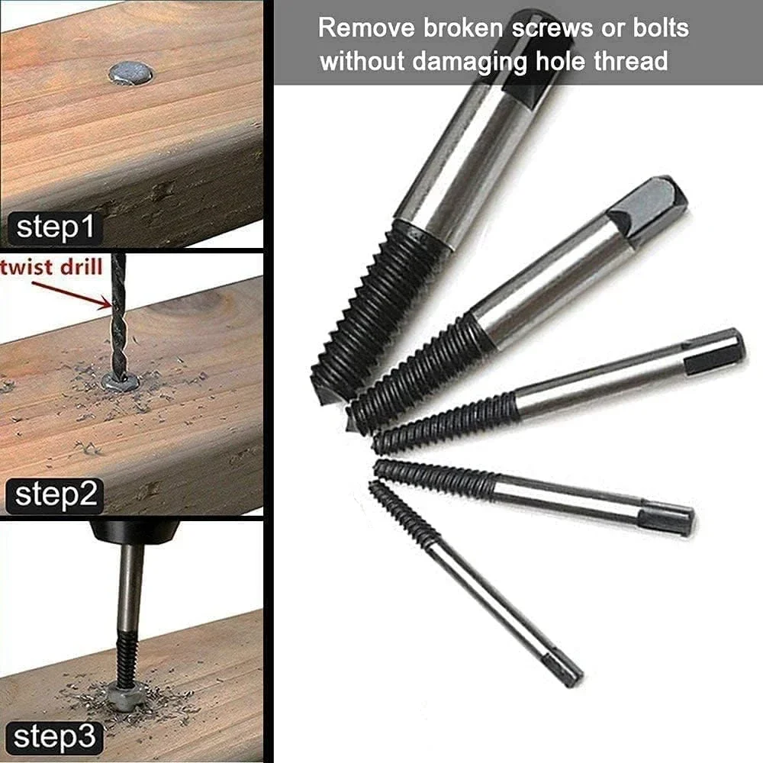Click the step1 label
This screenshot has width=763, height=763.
[55, 227]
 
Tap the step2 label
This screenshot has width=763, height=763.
[54, 495]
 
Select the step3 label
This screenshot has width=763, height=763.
[53, 738]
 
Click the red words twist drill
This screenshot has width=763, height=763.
[52, 268]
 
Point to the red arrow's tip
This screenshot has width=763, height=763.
[111, 306]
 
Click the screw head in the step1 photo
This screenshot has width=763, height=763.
[130, 73]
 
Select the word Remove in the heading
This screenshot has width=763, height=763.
[368, 27]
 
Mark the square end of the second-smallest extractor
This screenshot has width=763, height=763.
[668, 519]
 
